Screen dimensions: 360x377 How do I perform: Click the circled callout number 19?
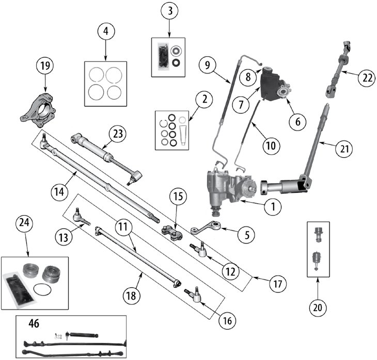click(x=44, y=66)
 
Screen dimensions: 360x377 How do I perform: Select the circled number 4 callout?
click(x=105, y=31)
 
